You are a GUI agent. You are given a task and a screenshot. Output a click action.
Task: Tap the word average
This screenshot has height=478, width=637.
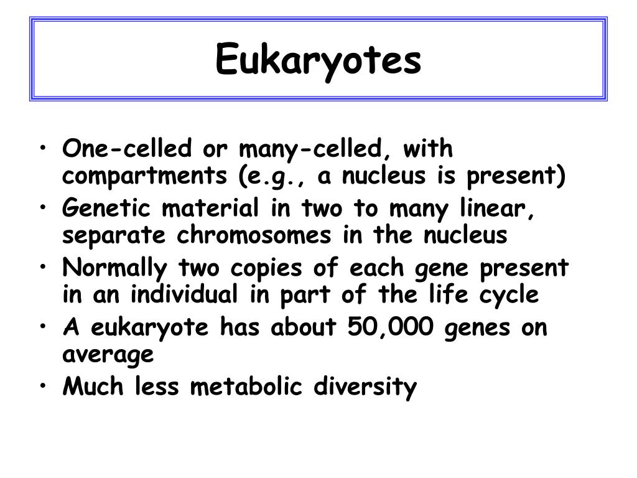[108, 355]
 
